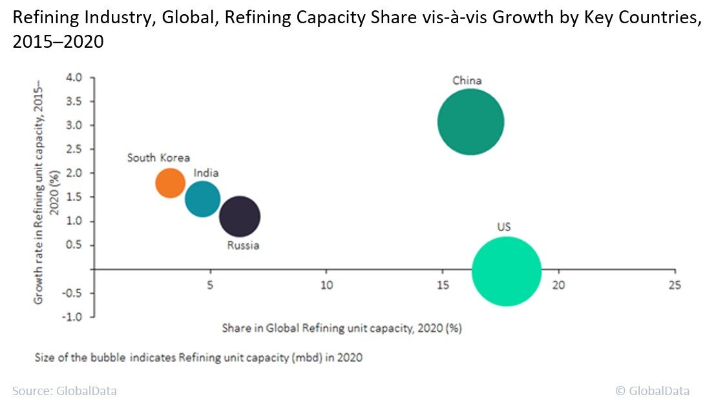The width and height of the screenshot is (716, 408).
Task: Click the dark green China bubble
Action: click(470, 122)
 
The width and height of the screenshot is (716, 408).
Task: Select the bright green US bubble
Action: click(507, 271)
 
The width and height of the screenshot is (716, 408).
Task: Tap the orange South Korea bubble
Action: click(171, 183)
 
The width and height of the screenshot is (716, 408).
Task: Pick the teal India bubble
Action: click(203, 199)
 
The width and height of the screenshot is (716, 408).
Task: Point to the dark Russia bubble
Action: click(240, 217)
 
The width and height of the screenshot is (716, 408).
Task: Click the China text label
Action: click(467, 81)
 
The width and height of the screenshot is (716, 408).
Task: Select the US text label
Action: click(505, 227)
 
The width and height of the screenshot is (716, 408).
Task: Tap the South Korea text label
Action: click(158, 158)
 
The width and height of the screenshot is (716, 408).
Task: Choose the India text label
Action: click(206, 173)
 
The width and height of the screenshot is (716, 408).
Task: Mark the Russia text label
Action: click(243, 245)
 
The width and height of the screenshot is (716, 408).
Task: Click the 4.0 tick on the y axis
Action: click(74, 77)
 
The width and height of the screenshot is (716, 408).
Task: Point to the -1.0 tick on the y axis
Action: click(72, 317)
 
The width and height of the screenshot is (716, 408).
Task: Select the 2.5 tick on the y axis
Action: click(74, 149)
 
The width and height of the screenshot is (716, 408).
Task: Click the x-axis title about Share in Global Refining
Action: click(342, 328)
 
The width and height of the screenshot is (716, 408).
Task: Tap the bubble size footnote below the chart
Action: click(199, 358)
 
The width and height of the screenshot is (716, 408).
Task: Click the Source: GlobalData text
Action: click(65, 391)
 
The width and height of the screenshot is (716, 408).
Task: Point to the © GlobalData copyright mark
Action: click(652, 391)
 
